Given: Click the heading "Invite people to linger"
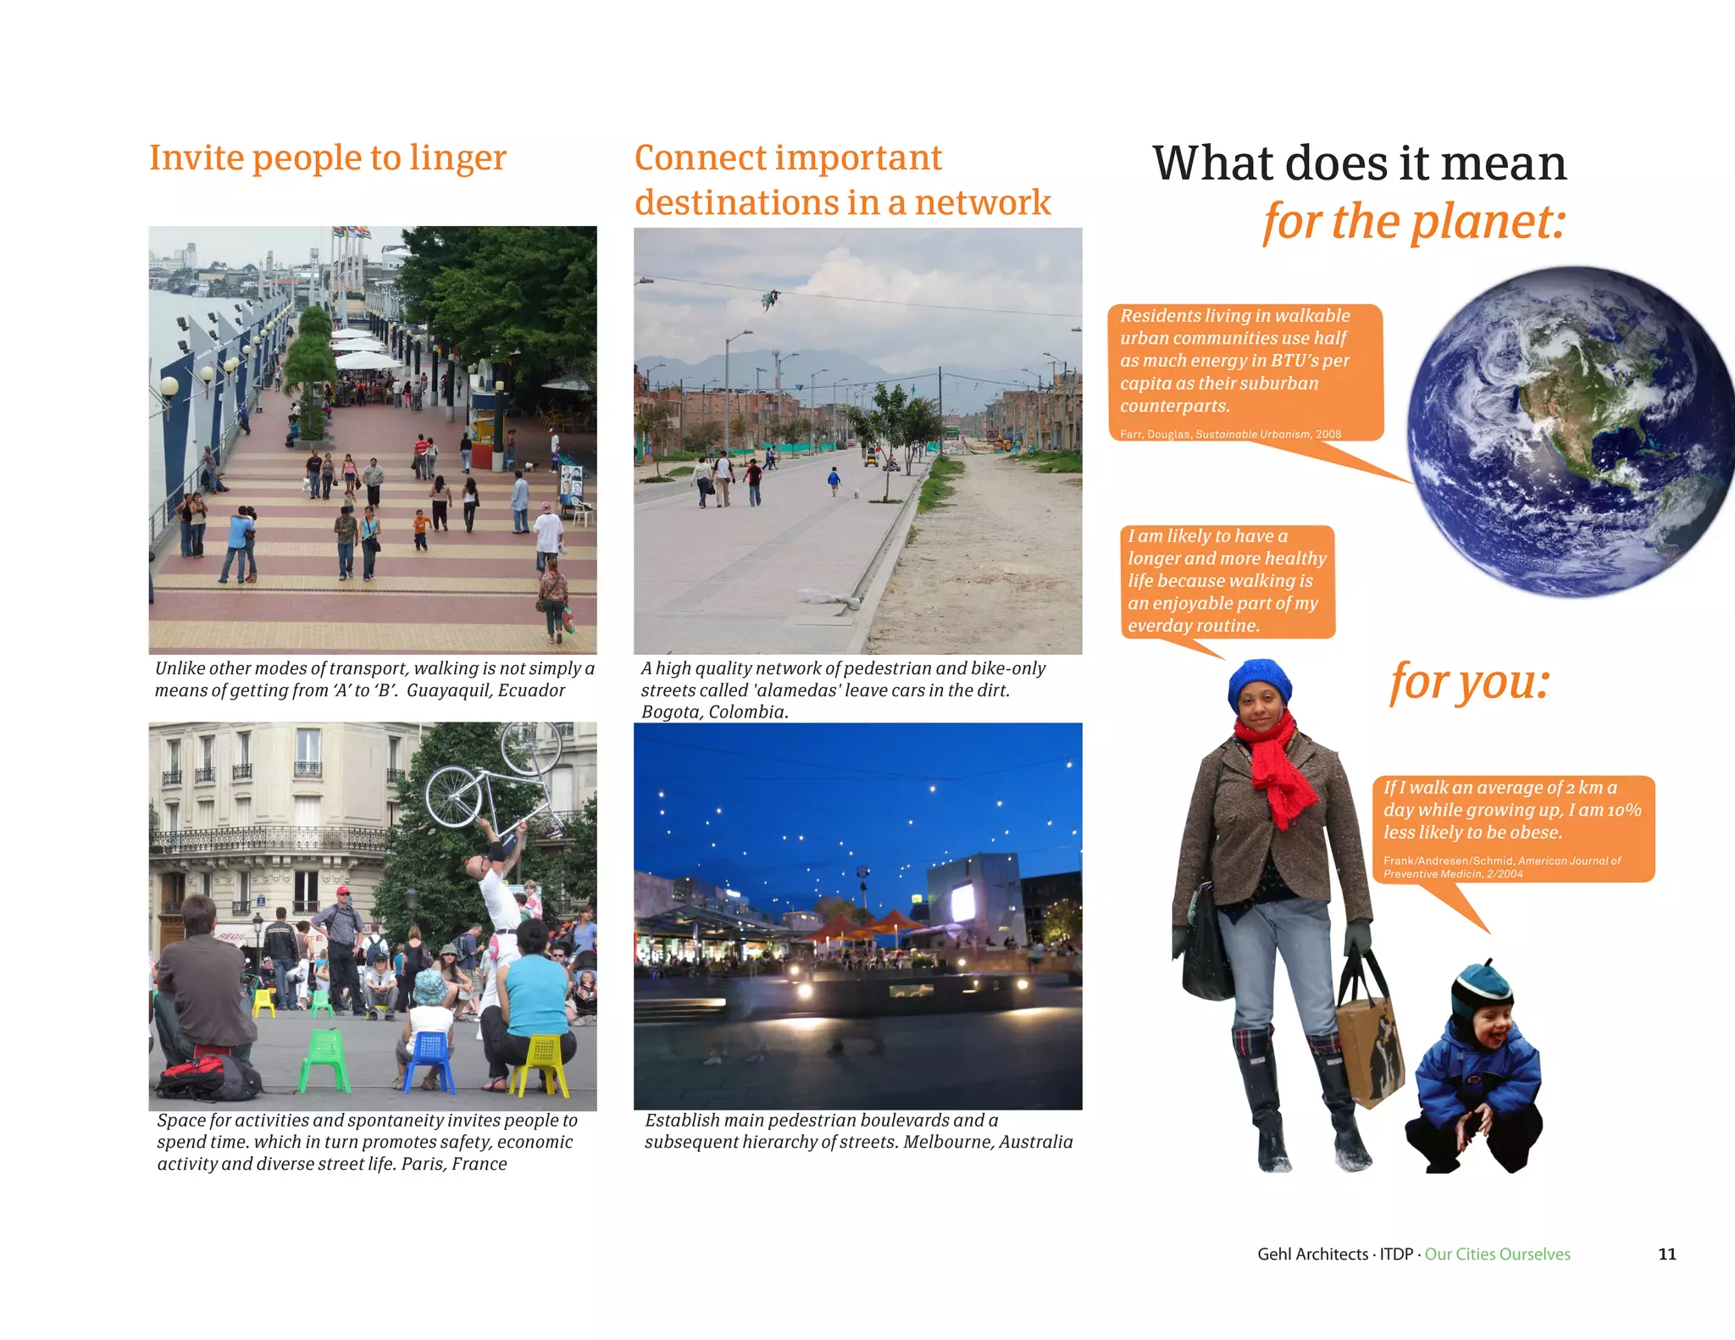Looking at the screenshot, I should point(327,158).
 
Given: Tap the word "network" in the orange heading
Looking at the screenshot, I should point(982,202).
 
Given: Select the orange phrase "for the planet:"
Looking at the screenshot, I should point(1413,222).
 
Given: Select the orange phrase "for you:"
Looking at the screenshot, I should point(1469,681).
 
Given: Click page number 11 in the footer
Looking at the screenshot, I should point(1666,1254).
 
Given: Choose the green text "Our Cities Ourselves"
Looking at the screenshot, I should point(1497,1254).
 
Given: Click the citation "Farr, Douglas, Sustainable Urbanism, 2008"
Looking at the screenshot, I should point(1230,435).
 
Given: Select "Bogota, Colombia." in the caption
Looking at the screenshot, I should point(714,712).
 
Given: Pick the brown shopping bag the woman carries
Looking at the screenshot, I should point(1367,1041).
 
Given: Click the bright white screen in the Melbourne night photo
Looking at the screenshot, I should point(962,903).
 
